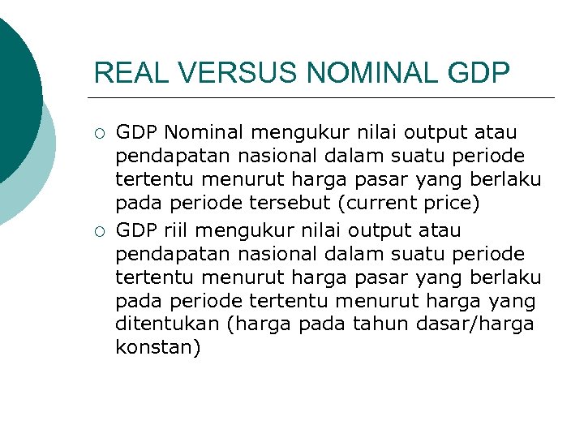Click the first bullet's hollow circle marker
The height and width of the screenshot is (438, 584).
click(x=98, y=133)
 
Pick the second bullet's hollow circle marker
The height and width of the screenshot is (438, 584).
click(x=98, y=232)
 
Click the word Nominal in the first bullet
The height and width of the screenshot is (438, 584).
click(x=206, y=131)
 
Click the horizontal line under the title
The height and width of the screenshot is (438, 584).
click(x=324, y=97)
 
